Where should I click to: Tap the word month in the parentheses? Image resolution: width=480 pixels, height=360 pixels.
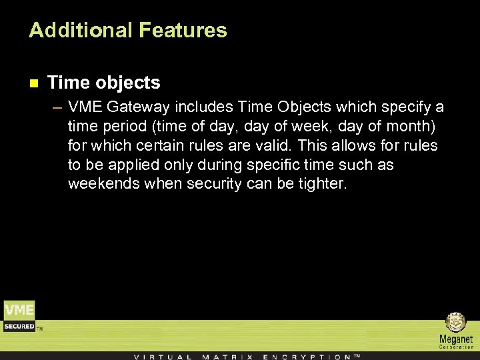coord(410,127)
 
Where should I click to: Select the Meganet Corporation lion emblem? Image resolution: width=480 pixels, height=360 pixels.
coord(456,323)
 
